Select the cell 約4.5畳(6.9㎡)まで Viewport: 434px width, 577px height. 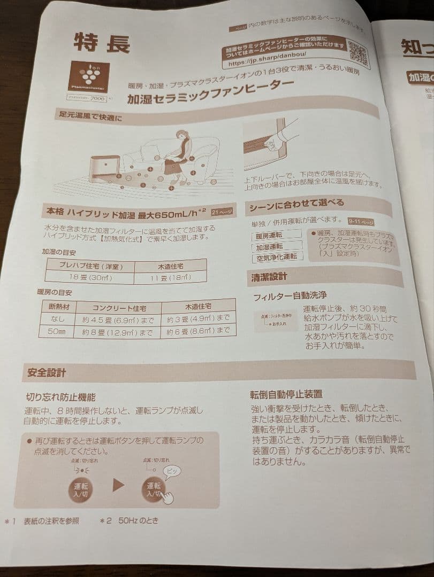point(118,319)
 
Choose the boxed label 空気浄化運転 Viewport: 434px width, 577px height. point(277,258)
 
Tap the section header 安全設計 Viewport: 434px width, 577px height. point(47,373)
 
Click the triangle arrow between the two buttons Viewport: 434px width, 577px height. point(118,484)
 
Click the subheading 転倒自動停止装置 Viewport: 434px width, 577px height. point(286,394)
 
